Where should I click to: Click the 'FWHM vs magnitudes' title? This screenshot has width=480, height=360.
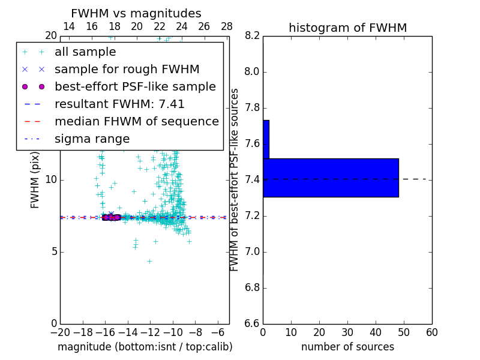(136, 13)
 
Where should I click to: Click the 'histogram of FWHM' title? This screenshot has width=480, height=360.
(347, 28)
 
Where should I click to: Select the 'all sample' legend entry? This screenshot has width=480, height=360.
(85, 52)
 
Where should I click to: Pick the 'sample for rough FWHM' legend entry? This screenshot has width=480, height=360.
(127, 70)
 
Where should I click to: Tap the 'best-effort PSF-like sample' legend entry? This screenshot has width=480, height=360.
(135, 86)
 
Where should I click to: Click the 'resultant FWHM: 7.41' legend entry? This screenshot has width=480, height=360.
(119, 104)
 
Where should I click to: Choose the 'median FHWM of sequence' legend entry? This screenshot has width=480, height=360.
(136, 121)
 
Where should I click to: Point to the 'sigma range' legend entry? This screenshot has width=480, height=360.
(92, 139)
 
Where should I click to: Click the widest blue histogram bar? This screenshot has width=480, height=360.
(331, 178)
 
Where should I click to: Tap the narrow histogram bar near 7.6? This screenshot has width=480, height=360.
(266, 139)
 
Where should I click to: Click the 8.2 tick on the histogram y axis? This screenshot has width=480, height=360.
(252, 36)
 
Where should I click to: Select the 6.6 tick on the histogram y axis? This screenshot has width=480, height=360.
(252, 324)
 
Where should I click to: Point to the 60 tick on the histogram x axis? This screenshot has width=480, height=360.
(431, 332)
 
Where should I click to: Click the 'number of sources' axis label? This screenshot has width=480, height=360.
(347, 347)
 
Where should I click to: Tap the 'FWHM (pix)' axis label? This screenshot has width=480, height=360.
(35, 180)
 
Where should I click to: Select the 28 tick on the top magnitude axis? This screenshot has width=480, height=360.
(227, 26)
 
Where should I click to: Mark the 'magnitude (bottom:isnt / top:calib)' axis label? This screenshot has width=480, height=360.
(145, 347)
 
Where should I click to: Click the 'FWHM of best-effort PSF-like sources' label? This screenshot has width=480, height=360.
(235, 180)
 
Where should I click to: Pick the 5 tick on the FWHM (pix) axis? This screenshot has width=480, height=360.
(53, 251)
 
